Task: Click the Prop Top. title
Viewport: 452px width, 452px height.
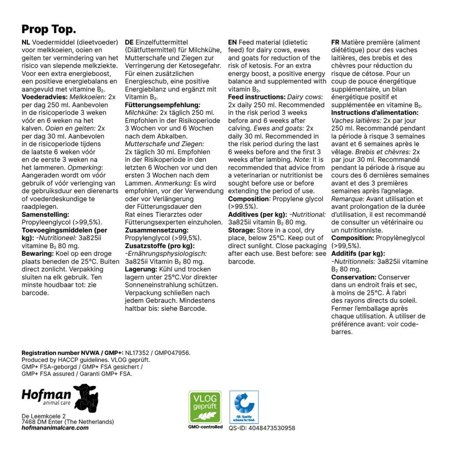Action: tap(49, 30)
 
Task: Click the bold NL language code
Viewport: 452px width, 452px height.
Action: tap(26, 42)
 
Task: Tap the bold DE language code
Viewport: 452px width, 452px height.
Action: tap(129, 42)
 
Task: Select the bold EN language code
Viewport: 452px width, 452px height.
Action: tap(232, 42)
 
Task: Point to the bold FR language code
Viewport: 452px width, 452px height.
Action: tap(335, 42)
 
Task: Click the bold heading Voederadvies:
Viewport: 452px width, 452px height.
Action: tap(42, 97)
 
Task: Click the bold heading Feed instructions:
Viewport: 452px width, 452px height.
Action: tap(256, 97)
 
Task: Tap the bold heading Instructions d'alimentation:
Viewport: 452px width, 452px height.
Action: tap(375, 113)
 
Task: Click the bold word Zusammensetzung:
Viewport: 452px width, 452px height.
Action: tap(157, 230)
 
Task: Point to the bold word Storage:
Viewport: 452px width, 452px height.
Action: tap(241, 230)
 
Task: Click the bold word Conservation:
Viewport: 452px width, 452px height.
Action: tap(354, 277)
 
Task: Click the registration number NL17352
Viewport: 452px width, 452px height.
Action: tap(137, 353)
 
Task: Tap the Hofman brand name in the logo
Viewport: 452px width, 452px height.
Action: tap(46, 394)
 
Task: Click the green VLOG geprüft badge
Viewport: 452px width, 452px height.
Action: tap(205, 407)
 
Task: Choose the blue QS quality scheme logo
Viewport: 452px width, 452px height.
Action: tap(244, 407)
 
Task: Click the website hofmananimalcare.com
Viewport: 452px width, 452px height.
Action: tap(55, 428)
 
